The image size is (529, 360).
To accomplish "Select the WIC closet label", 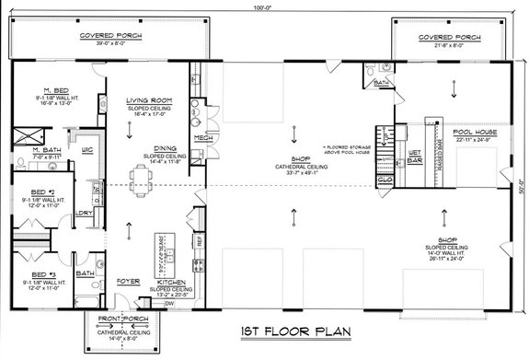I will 86,148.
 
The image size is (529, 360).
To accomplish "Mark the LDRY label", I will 84,213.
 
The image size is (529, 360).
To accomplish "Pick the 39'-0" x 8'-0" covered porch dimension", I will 102,44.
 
